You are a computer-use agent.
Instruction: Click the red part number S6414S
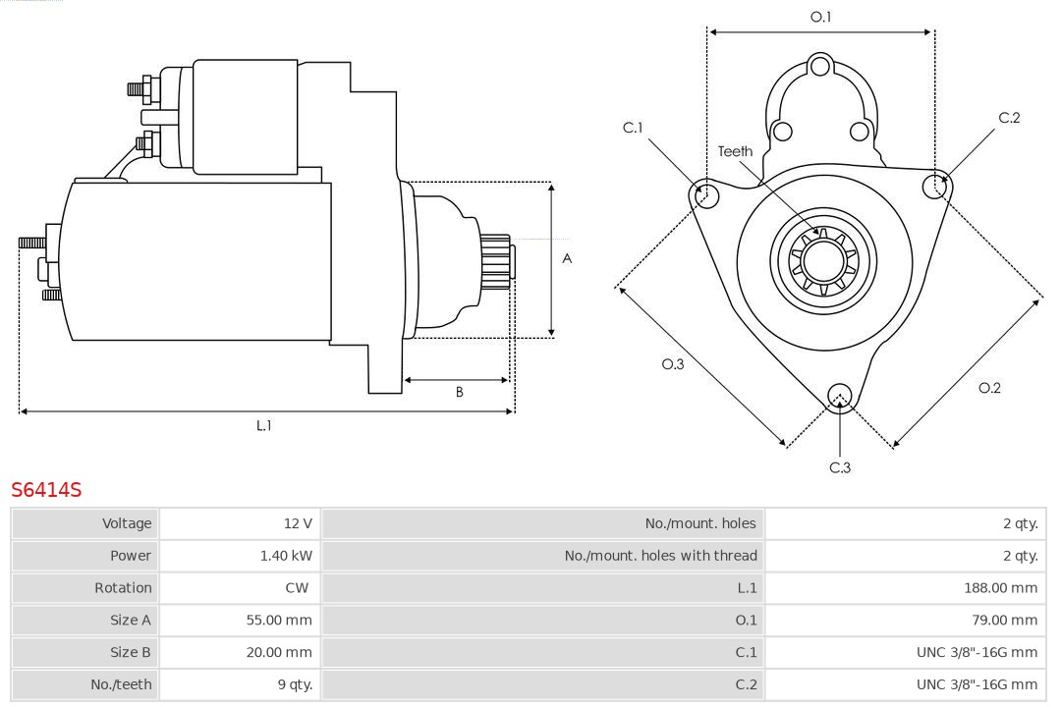coord(46,489)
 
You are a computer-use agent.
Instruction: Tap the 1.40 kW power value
coord(286,556)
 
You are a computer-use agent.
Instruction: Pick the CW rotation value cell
coord(297,587)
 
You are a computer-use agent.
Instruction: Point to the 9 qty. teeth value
coord(294,683)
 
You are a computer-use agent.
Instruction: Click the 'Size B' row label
coord(130,652)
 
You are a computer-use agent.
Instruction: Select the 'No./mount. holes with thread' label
coord(660,556)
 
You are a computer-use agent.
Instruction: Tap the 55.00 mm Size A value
coord(279,620)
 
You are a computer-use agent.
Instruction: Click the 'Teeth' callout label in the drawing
coord(735,151)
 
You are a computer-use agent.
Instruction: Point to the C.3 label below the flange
coord(840,467)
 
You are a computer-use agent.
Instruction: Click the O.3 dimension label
coord(673,363)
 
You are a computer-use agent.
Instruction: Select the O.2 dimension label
coord(989,388)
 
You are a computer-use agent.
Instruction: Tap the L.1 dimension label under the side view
coord(264,425)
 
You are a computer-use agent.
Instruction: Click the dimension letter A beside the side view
coord(567,259)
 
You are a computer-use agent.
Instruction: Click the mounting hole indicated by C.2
coord(935,186)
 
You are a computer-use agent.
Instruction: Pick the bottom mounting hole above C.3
coord(839,396)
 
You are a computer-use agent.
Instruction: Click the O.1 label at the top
coord(820,17)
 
